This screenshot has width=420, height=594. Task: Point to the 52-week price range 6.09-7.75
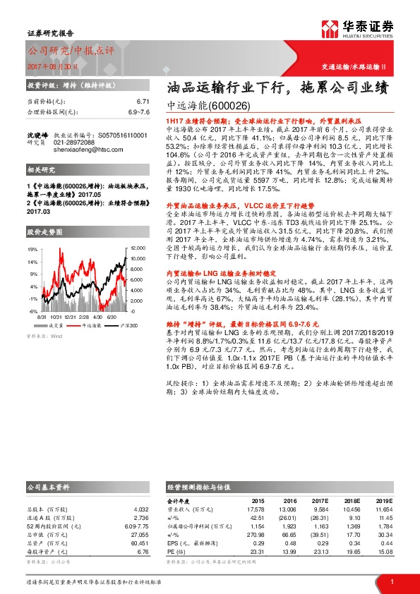(x=136, y=526)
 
